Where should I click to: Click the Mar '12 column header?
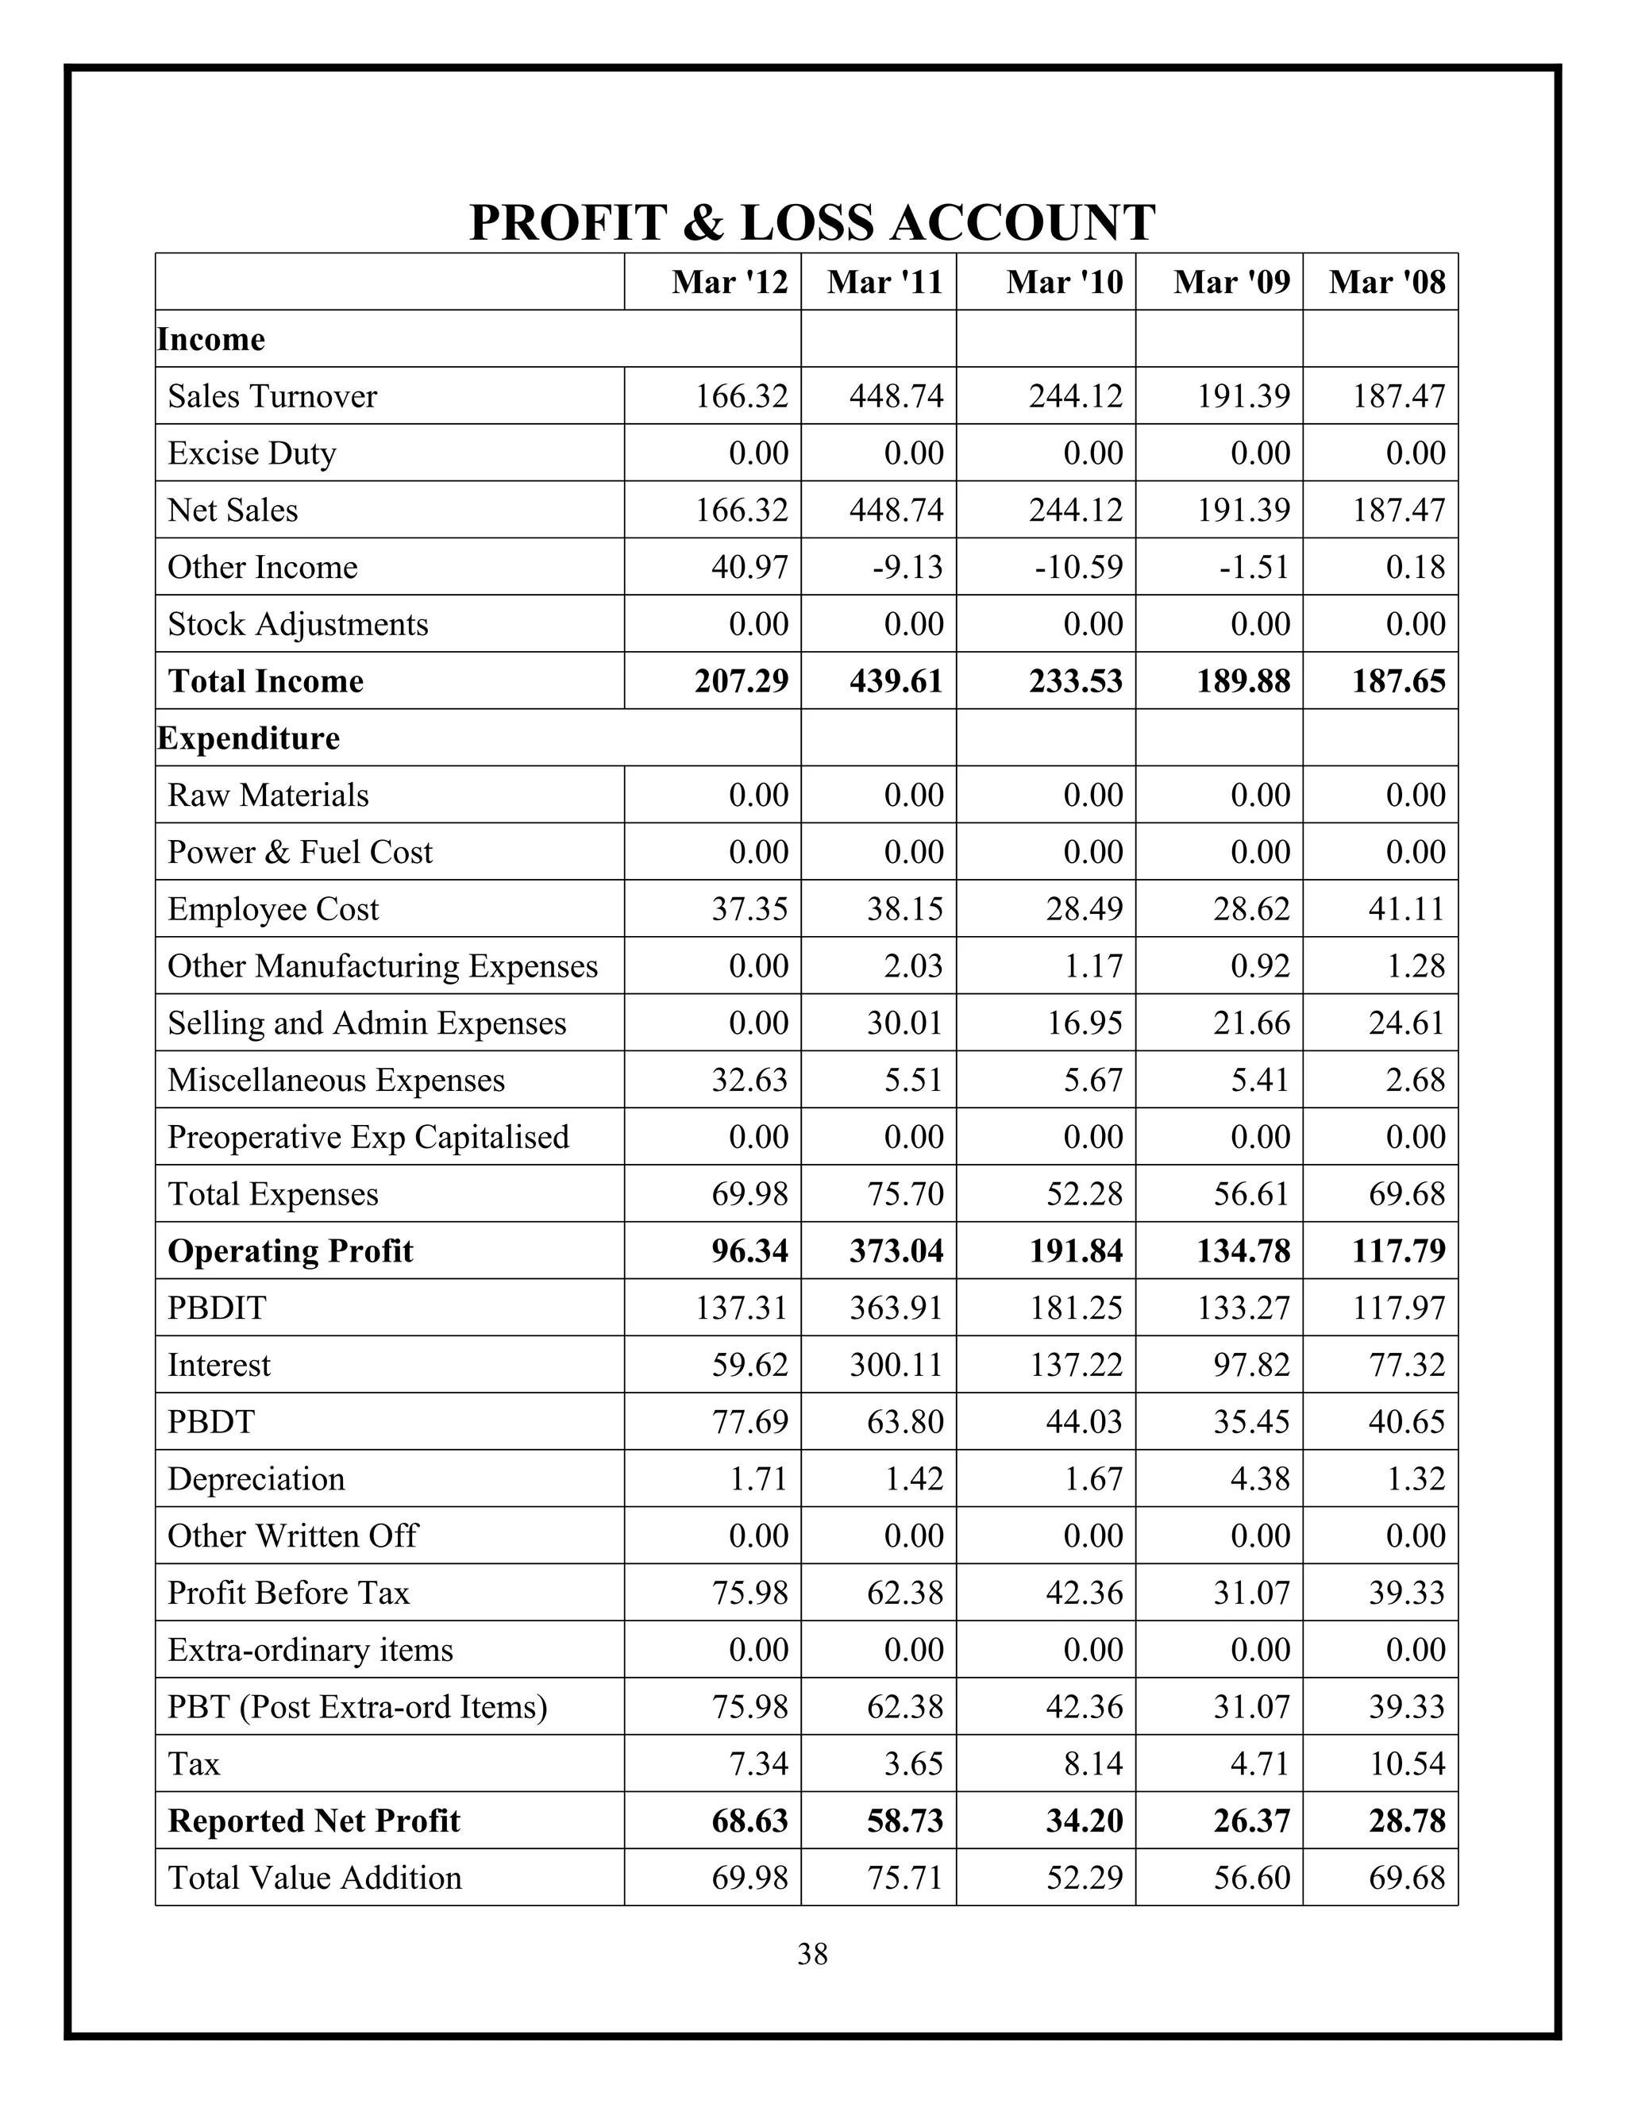coord(729,283)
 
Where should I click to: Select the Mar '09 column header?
coord(1231,283)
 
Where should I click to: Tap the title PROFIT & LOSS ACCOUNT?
coord(812,222)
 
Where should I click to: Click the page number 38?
coord(812,1954)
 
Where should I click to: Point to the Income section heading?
coord(211,339)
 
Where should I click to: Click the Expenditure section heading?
coord(249,738)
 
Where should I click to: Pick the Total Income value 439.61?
coord(896,681)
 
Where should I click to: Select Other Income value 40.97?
coord(749,568)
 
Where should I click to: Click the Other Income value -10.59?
coord(1078,568)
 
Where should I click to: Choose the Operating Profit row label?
coord(290,1250)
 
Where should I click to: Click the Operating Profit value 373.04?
coord(896,1250)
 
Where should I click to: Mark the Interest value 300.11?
coord(896,1365)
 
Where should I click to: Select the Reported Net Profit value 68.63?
coord(749,1821)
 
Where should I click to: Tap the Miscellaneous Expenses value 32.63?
coord(749,1080)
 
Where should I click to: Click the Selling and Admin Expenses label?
coord(367,1023)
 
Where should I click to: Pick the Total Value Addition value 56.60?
coord(1251,1878)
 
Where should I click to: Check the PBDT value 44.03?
coord(1084,1422)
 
